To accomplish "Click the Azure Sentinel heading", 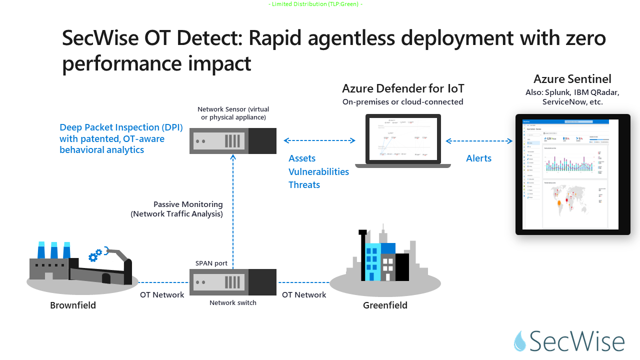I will (572, 79).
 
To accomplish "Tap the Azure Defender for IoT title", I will (403, 88).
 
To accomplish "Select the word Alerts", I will (478, 158).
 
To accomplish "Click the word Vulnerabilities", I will (318, 171).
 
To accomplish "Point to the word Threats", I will (304, 184).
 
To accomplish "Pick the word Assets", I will (302, 158).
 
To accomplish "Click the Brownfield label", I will (73, 305).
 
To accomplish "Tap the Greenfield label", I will (385, 305).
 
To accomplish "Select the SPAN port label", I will (211, 263).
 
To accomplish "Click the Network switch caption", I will (233, 302).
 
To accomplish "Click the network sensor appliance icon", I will (233, 141).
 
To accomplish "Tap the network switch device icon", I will (233, 282).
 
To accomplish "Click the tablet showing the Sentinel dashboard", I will (572, 174).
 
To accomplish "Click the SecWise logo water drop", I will (520, 341).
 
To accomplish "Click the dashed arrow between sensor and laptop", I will (319, 141).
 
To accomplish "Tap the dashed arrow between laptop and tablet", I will (479, 141).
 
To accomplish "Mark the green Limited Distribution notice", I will (315, 4).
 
